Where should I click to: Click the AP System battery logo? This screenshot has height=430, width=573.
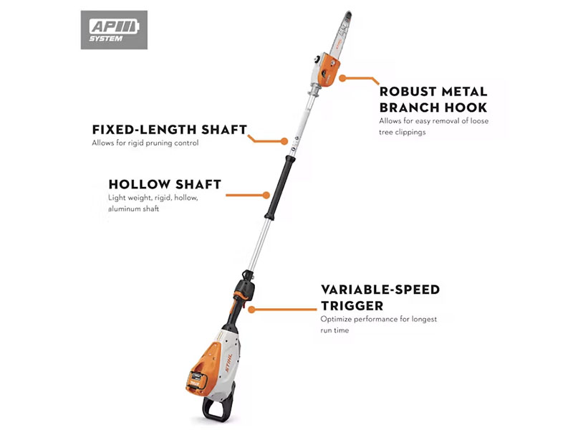(x=114, y=29)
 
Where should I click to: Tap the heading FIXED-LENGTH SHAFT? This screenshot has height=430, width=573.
(x=170, y=130)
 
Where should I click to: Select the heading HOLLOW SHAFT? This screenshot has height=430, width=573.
(x=165, y=183)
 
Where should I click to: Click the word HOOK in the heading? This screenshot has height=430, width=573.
(x=466, y=107)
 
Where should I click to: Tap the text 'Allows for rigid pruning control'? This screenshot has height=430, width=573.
(x=145, y=143)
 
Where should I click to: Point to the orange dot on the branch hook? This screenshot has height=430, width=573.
(x=343, y=77)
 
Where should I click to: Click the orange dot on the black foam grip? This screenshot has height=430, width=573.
(x=266, y=193)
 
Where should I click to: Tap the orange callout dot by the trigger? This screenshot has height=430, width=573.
(x=249, y=309)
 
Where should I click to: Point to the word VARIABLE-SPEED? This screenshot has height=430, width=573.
(x=380, y=290)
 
